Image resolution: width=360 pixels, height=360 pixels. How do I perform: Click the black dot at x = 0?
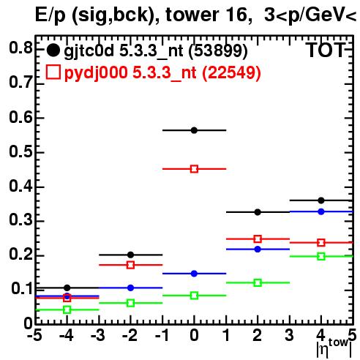[194, 130]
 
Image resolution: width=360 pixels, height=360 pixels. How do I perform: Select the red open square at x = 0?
[194, 169]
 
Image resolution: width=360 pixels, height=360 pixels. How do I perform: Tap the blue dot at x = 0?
[194, 274]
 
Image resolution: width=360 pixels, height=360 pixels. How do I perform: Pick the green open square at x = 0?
[194, 296]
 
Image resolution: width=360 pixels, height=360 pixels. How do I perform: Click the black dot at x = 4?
[321, 200]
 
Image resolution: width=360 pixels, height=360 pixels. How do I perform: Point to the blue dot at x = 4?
[321, 211]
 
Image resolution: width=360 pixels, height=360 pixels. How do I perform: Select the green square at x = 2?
[258, 283]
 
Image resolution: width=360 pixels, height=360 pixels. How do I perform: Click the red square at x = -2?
[131, 265]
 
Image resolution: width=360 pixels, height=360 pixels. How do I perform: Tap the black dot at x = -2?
[131, 255]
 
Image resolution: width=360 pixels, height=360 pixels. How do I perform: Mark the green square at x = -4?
[67, 310]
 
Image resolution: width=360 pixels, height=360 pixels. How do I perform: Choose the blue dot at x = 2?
[258, 250]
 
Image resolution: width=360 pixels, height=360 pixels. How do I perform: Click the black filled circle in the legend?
[53, 50]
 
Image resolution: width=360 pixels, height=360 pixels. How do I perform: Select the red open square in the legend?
[53, 72]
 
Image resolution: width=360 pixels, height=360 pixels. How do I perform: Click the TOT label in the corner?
[326, 50]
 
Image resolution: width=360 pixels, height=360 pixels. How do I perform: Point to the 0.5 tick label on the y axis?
[20, 152]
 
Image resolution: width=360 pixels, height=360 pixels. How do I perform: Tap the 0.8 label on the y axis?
[20, 48]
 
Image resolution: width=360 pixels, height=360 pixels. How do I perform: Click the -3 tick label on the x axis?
[98, 335]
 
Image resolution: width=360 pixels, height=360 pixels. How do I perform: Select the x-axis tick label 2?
[258, 335]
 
